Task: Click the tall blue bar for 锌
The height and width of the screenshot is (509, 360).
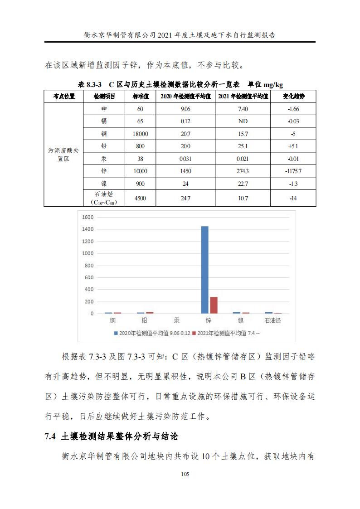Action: [x=204, y=270]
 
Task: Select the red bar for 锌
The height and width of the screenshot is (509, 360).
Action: [x=213, y=305]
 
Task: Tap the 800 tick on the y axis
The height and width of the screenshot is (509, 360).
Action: [x=89, y=265]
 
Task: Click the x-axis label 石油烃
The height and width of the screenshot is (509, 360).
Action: [x=273, y=320]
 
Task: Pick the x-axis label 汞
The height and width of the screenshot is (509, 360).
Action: [x=176, y=320]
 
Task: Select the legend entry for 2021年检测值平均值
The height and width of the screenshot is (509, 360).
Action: [x=225, y=333]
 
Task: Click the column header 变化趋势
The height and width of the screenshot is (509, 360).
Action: [x=293, y=97]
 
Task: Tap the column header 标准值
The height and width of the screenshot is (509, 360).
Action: [x=141, y=97]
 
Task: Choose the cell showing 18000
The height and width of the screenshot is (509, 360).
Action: [x=141, y=134]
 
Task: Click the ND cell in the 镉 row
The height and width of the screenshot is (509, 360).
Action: [x=243, y=121]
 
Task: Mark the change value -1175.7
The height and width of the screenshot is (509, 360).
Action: [x=293, y=171]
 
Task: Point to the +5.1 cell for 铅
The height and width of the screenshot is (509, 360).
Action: [x=293, y=146]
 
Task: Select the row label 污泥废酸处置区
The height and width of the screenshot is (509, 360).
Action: [x=64, y=155]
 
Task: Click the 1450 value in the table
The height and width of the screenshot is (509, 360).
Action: [x=185, y=171]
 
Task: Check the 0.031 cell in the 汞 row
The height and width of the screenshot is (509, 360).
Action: [x=185, y=159]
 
